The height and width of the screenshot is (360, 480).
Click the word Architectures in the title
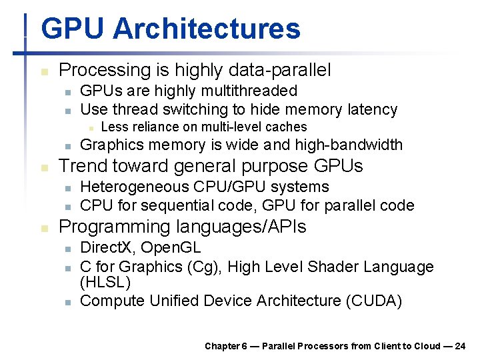click(207, 29)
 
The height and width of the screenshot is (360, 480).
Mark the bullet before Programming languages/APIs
click(43, 228)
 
